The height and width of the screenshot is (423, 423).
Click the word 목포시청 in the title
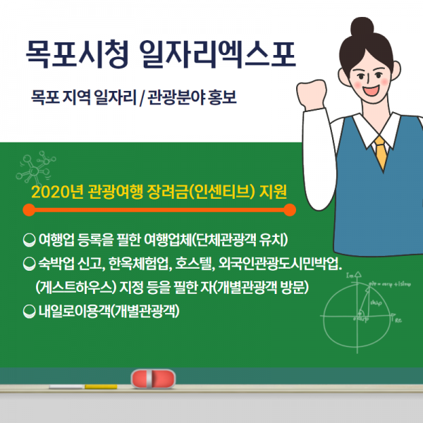pos(78,54)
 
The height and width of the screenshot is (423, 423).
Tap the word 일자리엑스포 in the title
pos(218,54)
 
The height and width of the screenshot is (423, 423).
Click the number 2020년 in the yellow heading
pos(57,192)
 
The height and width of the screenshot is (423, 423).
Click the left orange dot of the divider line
pos(29,210)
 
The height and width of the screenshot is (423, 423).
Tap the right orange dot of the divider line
pos(290,210)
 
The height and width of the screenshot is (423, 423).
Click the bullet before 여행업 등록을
pos(30,240)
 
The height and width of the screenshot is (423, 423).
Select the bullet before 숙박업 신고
pos(30,264)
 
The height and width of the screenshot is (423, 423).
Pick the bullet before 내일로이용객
pos(30,312)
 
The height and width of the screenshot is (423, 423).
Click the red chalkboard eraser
pos(153,379)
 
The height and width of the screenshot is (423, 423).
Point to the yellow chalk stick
pos(101,386)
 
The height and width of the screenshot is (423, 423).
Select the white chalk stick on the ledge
pos(67,387)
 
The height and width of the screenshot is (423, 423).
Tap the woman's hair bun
pos(362,26)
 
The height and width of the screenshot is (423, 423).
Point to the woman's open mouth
pos(370,90)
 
